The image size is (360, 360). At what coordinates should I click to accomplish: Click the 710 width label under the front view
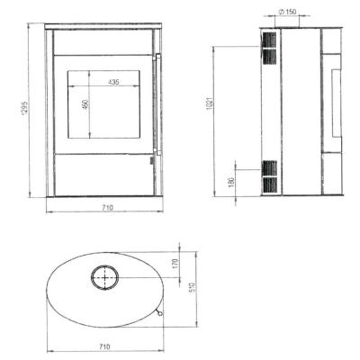(x=107, y=207)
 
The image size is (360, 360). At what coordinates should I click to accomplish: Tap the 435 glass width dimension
(x=113, y=82)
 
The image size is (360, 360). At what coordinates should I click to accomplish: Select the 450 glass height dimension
(x=86, y=103)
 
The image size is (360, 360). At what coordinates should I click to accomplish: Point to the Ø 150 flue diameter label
(x=287, y=12)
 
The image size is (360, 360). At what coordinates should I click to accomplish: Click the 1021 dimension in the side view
(x=210, y=103)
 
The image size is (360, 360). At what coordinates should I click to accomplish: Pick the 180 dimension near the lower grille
(x=231, y=183)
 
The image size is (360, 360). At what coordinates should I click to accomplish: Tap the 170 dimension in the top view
(x=175, y=264)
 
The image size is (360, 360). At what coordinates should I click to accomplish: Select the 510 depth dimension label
(x=193, y=287)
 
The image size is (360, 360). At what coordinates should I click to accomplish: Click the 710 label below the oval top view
(x=104, y=346)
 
